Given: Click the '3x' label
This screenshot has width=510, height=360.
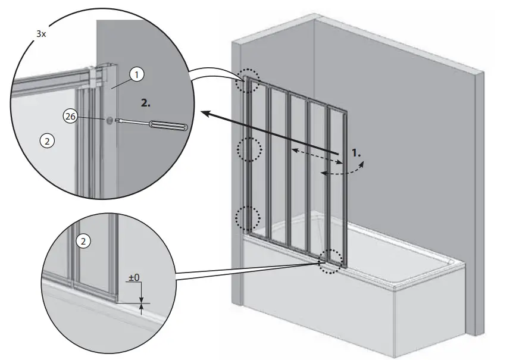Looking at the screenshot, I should (40, 34).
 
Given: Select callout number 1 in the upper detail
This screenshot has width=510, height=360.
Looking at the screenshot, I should (137, 74).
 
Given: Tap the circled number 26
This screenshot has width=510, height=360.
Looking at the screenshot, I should (70, 117).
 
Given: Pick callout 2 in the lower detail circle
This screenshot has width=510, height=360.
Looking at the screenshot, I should (84, 241).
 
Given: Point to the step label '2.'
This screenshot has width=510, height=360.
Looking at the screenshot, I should (146, 102).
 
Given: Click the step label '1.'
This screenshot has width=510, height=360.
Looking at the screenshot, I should (356, 153).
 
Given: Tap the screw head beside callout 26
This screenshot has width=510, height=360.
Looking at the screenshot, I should (111, 120).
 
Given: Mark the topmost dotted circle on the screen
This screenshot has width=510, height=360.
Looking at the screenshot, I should (248, 83).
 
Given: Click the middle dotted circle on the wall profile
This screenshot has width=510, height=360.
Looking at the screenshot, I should (249, 149).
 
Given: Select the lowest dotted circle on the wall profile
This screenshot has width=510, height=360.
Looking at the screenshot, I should (248, 218).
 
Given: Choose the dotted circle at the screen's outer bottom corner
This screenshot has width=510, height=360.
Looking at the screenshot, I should (330, 260).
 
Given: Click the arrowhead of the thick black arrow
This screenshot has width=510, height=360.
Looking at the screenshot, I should (206, 113).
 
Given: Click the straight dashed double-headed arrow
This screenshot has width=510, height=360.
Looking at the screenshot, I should (315, 155).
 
